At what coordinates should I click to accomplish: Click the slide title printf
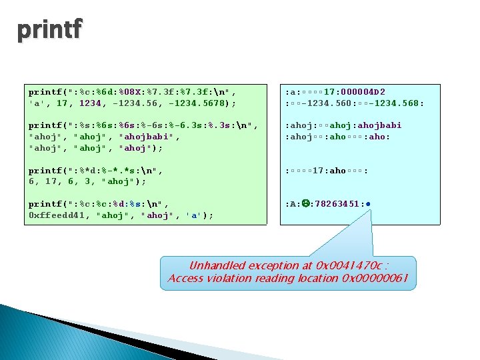[50, 30]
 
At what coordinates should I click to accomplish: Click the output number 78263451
[337, 204]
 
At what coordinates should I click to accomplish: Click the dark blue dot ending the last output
[368, 204]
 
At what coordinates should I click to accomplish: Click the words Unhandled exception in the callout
[233, 265]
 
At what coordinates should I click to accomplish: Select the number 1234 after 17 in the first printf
[91, 103]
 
